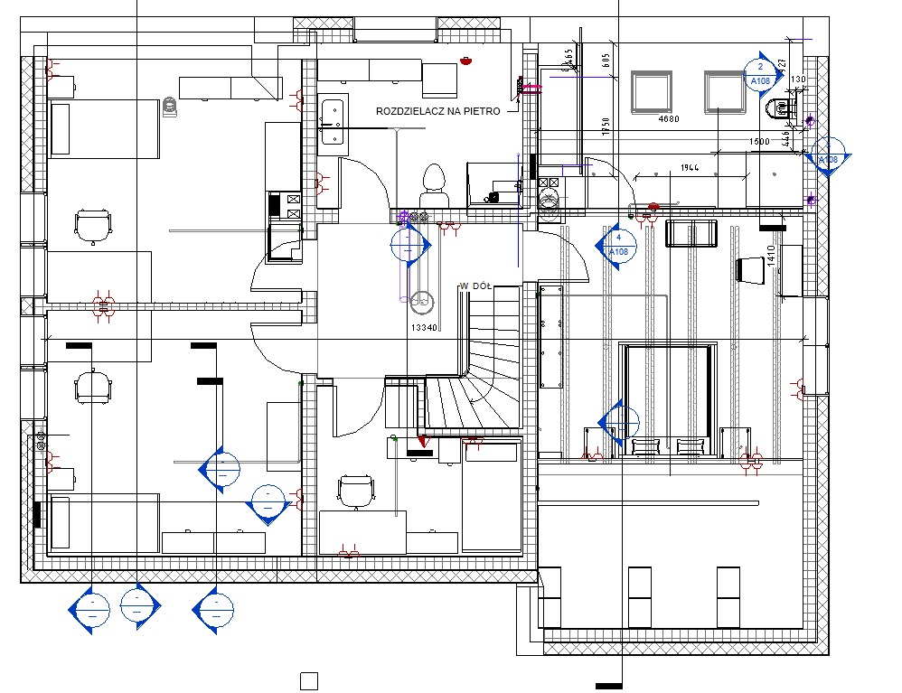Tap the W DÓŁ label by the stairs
coord(475,286)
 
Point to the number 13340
coord(425,327)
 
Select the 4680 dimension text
coord(668,119)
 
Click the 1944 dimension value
coord(690,169)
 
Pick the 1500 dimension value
coord(758,143)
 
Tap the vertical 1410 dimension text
coord(772,257)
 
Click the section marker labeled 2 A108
coord(759,73)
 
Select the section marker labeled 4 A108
coord(618,244)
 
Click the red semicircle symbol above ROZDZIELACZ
coord(466,62)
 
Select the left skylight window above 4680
coord(651,91)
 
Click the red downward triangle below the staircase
coord(422,442)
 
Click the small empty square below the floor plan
coord(309,680)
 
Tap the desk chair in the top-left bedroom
coord(93,226)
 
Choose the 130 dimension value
coord(797,80)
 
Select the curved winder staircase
coord(470,398)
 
